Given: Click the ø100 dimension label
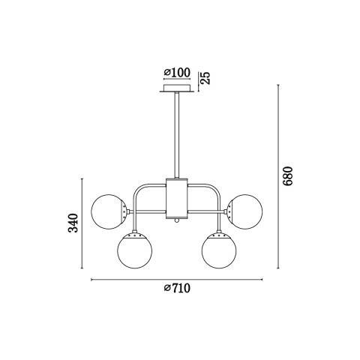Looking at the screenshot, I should (x=177, y=73).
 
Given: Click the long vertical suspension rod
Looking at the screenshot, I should (x=177, y=135).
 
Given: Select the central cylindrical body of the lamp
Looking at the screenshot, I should (x=177, y=198).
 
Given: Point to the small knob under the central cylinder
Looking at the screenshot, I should (x=177, y=220).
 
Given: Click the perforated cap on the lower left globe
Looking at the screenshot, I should (x=134, y=235).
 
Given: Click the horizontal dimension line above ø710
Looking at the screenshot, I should (x=177, y=280).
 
